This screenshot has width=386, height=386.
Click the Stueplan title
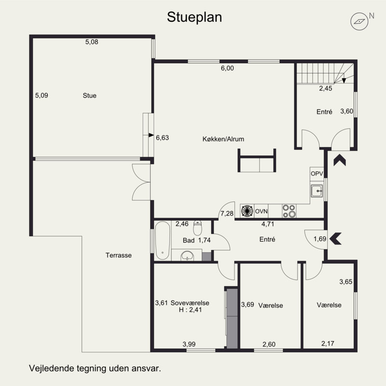tap(194, 17)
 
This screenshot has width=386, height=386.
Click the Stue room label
tap(89, 96)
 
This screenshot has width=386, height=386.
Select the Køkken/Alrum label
tap(223, 139)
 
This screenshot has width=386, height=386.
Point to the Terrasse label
tap(119, 256)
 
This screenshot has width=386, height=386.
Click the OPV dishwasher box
tap(317, 174)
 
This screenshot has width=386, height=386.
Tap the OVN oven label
tap(261, 211)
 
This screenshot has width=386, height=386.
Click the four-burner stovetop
tap(289, 211)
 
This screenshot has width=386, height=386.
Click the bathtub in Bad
tap(162, 240)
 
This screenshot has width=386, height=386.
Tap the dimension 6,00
tap(227, 69)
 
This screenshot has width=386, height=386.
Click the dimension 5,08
tap(92, 42)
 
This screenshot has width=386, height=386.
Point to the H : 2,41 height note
tap(191, 310)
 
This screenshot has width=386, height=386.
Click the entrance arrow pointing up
tap(340, 160)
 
